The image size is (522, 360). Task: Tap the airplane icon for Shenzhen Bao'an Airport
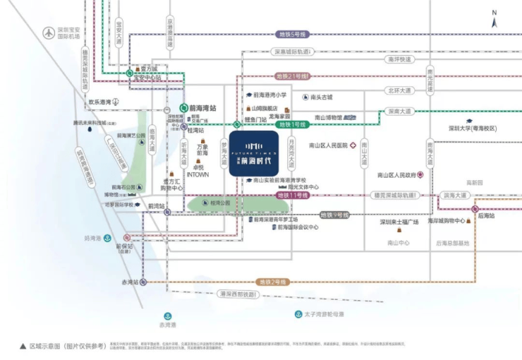(x=48, y=32)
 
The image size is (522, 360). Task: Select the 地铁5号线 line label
(x=292, y=34)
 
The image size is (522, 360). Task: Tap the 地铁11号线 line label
(x=292, y=195)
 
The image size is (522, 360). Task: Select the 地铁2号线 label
(x=273, y=282)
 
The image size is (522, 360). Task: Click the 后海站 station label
(x=486, y=216)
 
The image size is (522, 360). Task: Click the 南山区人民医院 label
(x=329, y=145)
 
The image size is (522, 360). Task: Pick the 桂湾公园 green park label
(x=220, y=203)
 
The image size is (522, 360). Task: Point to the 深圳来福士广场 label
(x=399, y=222)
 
